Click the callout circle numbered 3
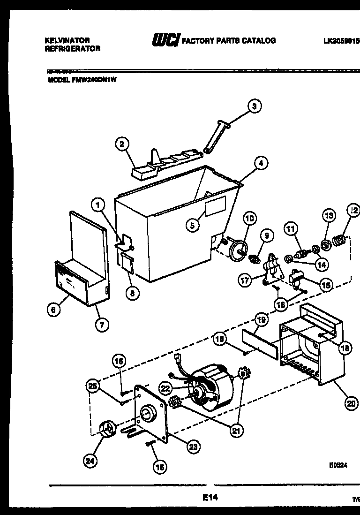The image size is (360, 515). (x=254, y=106)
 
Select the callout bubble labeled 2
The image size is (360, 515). (x=122, y=144)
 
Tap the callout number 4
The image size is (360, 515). (x=261, y=163)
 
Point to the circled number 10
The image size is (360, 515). (x=250, y=218)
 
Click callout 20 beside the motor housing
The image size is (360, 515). (x=351, y=402)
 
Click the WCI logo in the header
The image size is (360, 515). (x=165, y=41)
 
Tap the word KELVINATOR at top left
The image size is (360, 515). (x=67, y=41)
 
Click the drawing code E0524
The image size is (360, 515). (x=338, y=467)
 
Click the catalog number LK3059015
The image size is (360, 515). (x=341, y=41)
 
